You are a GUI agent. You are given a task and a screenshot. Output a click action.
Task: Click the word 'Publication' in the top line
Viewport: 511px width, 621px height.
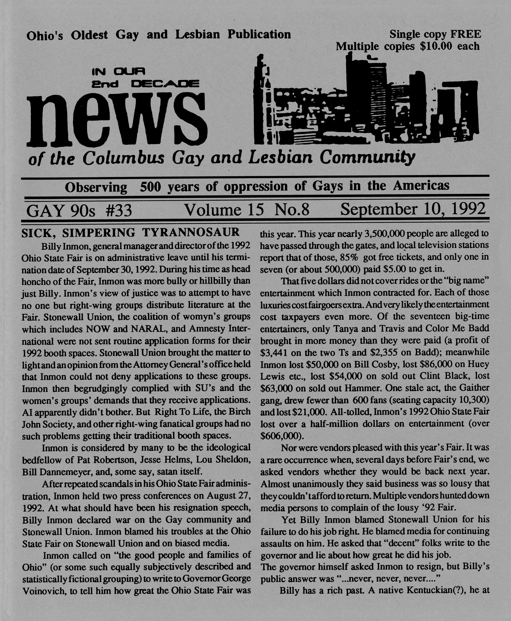tap(259, 35)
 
